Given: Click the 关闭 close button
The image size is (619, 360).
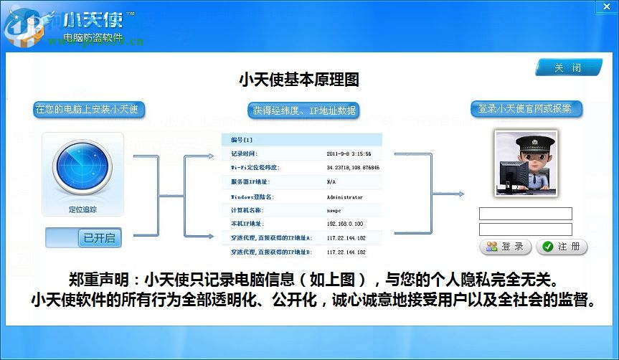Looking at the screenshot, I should (x=567, y=68).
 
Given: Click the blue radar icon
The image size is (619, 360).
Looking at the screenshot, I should (x=82, y=169).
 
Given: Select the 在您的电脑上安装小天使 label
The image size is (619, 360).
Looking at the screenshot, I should (x=90, y=110).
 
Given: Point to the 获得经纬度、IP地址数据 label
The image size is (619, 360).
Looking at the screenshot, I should (x=304, y=110).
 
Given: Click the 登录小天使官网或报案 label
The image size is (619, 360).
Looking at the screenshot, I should (x=526, y=109).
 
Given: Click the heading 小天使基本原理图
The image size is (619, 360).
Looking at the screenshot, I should (x=298, y=79).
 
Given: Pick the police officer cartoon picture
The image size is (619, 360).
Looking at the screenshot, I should (x=526, y=162).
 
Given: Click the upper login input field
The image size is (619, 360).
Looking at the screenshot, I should (x=526, y=214).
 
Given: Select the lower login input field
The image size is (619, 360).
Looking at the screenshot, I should (x=526, y=229).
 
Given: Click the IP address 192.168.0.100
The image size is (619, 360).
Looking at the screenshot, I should (x=346, y=224).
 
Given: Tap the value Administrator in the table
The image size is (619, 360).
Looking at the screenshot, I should (x=345, y=196).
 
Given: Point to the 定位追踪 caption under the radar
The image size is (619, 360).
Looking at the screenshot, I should (x=82, y=211).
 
